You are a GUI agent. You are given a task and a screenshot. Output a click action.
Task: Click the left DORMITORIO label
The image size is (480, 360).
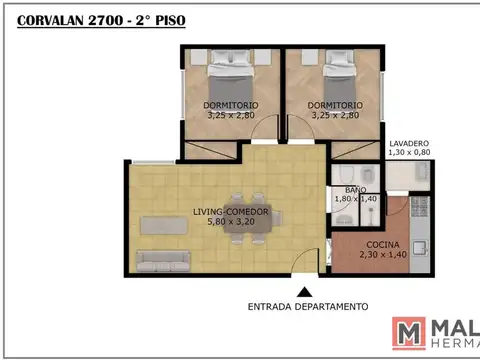(x=232, y=105)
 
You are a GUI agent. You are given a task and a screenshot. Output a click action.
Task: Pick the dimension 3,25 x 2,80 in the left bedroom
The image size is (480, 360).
(x=232, y=115)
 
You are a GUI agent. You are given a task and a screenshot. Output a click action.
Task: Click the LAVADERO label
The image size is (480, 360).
(x=410, y=143)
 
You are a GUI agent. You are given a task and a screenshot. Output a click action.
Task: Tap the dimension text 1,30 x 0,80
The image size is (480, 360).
(x=410, y=153)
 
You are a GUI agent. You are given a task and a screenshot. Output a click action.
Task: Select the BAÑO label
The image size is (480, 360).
(x=356, y=189)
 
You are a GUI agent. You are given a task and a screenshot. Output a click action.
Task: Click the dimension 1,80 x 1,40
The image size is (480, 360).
(x=356, y=199)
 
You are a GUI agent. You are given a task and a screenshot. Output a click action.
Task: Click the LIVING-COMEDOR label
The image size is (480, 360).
(x=230, y=211)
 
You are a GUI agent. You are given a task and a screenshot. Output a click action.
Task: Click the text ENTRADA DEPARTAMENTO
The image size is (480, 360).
(x=308, y=306)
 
